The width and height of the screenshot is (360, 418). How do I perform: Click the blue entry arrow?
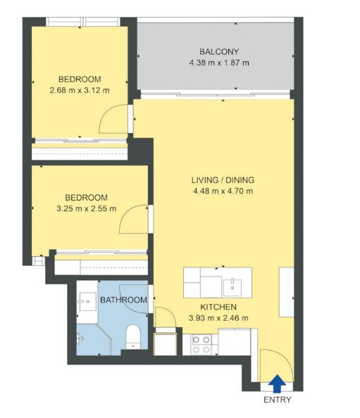(x=277, y=384)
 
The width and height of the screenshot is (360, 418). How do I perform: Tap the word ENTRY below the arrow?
(x=278, y=400)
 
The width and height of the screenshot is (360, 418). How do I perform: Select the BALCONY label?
(x=219, y=51)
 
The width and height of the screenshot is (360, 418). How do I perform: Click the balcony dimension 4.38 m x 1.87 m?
(x=219, y=63)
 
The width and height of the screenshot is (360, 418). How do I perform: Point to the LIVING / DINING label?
(x=223, y=180)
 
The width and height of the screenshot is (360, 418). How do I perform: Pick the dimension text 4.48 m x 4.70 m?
(x=223, y=191)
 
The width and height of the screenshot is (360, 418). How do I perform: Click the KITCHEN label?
(x=218, y=307)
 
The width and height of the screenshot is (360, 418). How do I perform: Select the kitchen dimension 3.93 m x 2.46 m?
(x=218, y=318)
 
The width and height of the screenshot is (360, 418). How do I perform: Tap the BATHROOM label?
(x=123, y=300)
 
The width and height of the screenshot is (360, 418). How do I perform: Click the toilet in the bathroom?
(x=133, y=336)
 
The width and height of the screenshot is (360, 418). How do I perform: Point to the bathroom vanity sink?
(x=87, y=302)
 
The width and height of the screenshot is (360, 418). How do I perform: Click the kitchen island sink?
(x=232, y=287)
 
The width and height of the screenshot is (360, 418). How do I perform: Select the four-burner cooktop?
(x=201, y=345)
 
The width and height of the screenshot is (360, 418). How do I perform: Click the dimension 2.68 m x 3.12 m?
(x=80, y=90)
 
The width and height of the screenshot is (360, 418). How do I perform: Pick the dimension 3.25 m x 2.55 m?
(x=87, y=208)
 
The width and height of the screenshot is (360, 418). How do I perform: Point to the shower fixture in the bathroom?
(x=80, y=338)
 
